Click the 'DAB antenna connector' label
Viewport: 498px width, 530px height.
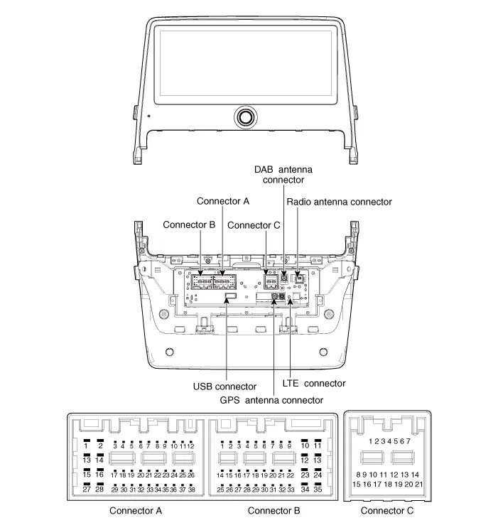tap(283, 175)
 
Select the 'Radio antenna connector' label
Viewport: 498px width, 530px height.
tap(339, 202)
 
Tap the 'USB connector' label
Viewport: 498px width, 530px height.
tap(224, 386)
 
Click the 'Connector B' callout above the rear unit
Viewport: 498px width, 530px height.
tap(188, 225)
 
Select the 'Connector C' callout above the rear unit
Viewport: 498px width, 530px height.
tap(254, 225)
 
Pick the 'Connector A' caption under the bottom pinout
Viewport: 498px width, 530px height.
tap(136, 510)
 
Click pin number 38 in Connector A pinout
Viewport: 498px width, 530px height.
tap(191, 490)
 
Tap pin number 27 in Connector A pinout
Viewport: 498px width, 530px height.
tap(86, 490)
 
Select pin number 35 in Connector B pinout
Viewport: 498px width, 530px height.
tap(318, 490)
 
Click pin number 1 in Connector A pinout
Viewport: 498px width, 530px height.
tap(86, 445)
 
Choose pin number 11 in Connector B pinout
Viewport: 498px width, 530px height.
tap(318, 445)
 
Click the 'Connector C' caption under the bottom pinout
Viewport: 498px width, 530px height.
tap(387, 510)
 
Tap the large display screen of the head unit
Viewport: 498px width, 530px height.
tap(247, 63)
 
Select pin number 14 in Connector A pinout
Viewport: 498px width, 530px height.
tap(100, 460)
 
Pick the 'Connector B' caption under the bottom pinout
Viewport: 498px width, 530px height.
tap(274, 510)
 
